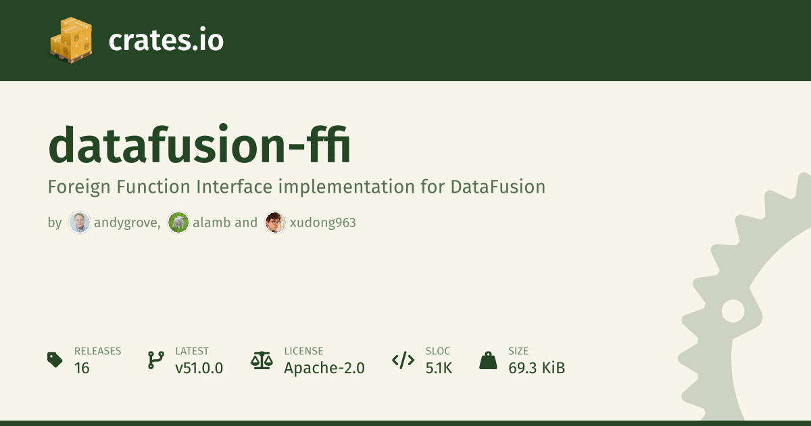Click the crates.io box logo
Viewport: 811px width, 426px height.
click(71, 40)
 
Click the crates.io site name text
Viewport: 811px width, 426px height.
click(166, 40)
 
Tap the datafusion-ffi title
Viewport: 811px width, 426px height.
click(199, 145)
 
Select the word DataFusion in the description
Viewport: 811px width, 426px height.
click(498, 187)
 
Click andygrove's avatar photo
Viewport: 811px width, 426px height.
click(79, 222)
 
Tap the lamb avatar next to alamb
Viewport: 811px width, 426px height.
click(178, 222)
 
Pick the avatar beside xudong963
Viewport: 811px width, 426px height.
click(275, 222)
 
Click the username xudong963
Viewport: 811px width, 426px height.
click(323, 222)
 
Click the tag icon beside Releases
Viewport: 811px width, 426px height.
click(55, 360)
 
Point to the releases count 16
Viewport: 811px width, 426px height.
click(82, 368)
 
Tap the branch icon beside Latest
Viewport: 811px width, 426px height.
click(156, 360)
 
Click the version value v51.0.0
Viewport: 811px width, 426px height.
click(199, 368)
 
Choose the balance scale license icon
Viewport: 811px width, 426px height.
click(262, 360)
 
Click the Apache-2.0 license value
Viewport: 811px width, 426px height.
click(324, 368)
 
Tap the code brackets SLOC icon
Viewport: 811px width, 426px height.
click(403, 360)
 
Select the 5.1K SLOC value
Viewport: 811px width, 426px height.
click(439, 368)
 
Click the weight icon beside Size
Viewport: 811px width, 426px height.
click(488, 360)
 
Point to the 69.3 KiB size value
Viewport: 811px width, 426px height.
click(537, 368)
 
